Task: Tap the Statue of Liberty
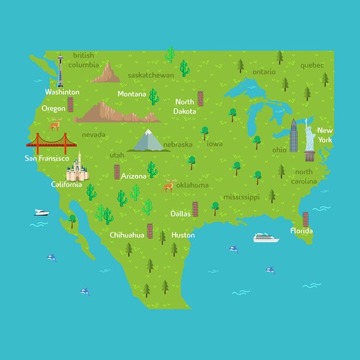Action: click(x=309, y=141)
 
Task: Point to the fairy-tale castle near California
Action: click(x=76, y=170)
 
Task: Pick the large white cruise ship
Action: click(x=266, y=238)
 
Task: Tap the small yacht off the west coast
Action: click(x=41, y=212)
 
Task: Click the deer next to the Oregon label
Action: click(x=54, y=125)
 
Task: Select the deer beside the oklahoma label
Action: click(x=168, y=186)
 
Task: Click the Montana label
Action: click(x=132, y=94)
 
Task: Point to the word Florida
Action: click(x=301, y=231)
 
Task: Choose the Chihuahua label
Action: click(x=127, y=235)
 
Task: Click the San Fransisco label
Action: click(x=47, y=158)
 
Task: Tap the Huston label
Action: click(x=183, y=235)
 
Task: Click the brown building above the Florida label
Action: click(x=305, y=217)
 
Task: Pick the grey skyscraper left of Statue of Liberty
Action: click(x=294, y=135)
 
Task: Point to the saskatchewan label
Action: click(x=150, y=74)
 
